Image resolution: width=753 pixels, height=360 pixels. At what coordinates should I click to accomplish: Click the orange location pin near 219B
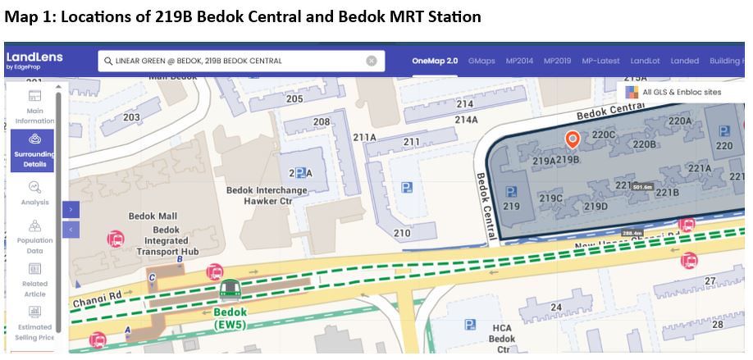573,139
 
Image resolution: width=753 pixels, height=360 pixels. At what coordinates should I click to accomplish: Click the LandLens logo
34,61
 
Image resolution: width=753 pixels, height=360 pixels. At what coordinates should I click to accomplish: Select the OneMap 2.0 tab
435,61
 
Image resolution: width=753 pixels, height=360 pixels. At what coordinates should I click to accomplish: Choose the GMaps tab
481,61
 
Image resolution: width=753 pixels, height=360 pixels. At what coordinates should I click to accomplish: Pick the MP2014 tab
519,61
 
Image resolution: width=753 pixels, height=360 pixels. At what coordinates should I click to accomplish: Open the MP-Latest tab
600,61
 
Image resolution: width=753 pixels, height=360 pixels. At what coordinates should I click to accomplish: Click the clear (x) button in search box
372,61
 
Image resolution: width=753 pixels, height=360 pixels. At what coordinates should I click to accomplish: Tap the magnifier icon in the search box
107,61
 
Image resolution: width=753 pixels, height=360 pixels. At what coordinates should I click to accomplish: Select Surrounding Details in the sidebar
34,149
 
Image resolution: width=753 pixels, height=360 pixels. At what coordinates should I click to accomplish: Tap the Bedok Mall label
153,216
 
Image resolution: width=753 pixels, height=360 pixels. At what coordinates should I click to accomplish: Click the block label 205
294,99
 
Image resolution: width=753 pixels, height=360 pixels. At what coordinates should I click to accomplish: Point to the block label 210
402,234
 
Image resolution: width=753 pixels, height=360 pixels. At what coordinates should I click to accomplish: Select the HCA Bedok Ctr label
502,338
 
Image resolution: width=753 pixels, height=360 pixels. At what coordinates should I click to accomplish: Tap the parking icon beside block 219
511,192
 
